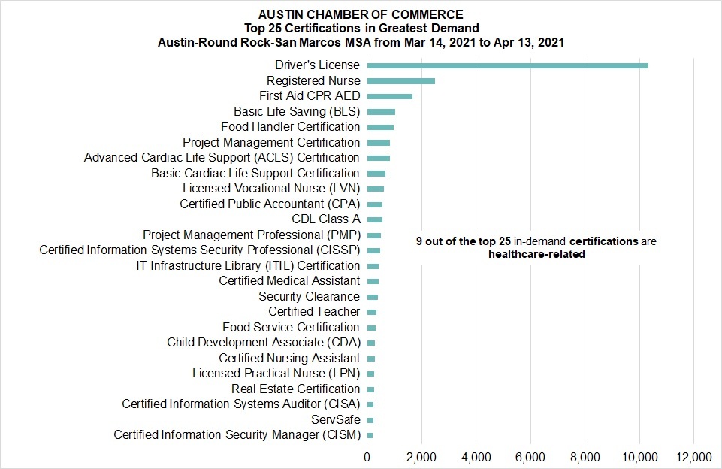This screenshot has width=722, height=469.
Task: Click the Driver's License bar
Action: (x=507, y=65)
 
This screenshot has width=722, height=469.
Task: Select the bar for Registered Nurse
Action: (x=401, y=81)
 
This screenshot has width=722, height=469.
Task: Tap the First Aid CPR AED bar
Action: (x=389, y=96)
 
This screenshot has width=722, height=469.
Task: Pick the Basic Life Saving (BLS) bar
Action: (x=381, y=112)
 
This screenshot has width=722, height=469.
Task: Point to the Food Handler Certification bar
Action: (x=380, y=127)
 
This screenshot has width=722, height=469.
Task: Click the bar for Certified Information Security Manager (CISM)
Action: (x=370, y=435)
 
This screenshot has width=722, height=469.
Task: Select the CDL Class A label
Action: (x=326, y=219)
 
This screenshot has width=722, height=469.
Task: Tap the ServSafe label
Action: (x=336, y=419)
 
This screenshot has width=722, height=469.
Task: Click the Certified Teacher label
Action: (x=314, y=312)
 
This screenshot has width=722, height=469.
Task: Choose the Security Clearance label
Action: (x=309, y=296)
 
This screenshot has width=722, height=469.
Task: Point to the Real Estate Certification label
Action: (x=295, y=389)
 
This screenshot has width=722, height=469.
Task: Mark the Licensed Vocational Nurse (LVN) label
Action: (x=271, y=189)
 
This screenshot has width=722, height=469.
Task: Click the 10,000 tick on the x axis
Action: (x=639, y=458)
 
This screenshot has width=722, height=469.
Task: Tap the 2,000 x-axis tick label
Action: (x=421, y=458)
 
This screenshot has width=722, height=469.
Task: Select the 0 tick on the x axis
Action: (x=367, y=458)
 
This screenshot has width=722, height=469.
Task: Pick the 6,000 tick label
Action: (x=530, y=458)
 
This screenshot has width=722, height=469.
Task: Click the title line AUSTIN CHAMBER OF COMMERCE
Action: (x=361, y=15)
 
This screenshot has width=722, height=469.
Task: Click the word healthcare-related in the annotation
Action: (x=536, y=254)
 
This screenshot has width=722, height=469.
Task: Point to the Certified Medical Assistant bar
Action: (x=373, y=282)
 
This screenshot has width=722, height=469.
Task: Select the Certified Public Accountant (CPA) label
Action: (x=270, y=204)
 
